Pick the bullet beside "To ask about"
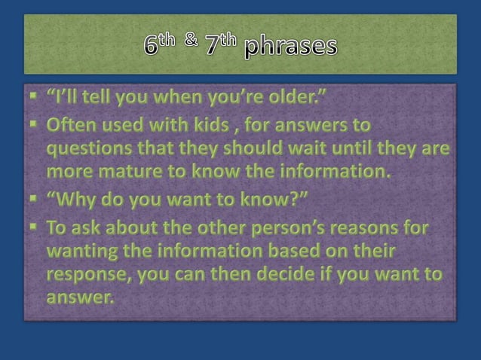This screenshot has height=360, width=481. (33, 227)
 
